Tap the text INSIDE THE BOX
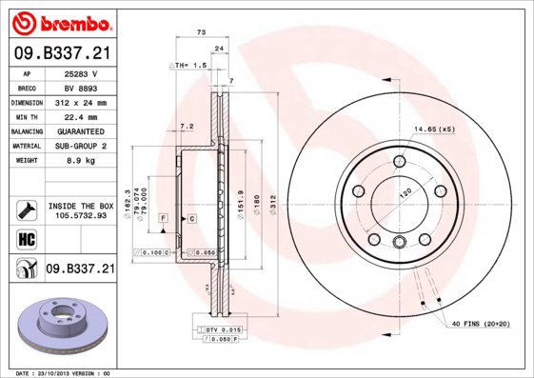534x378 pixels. coord(81,206)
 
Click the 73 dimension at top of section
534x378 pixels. coord(201,32)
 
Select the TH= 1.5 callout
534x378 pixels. coord(188,66)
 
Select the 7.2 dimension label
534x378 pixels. coord(187,127)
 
